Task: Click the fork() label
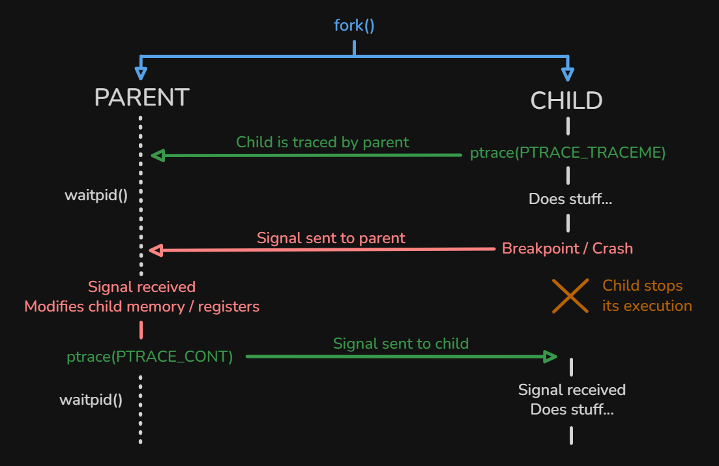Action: [354, 26]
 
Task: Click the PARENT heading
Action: [141, 98]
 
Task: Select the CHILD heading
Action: [566, 100]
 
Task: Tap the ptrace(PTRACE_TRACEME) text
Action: [568, 154]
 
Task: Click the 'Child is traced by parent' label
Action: [322, 142]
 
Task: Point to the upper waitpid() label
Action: [96, 195]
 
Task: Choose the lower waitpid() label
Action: [91, 400]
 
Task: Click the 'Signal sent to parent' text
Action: [330, 238]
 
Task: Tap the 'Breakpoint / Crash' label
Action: [567, 248]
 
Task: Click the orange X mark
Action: [570, 296]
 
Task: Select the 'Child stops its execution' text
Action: [647, 296]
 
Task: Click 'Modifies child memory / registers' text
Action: [141, 306]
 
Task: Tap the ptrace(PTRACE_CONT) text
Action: [149, 357]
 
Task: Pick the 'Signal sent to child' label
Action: [400, 343]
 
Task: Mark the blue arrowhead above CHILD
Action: [567, 72]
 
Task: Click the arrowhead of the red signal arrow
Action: [156, 249]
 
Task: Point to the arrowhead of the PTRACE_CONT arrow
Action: [550, 357]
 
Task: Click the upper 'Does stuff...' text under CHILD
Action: [570, 199]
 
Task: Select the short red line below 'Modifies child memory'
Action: [141, 329]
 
